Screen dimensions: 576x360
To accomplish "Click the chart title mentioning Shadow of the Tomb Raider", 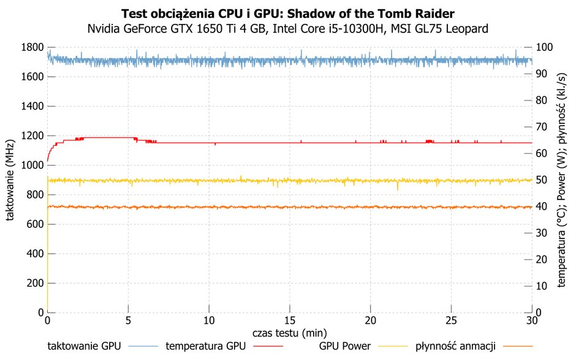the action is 287,13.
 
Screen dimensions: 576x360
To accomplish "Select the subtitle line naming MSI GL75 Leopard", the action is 287,29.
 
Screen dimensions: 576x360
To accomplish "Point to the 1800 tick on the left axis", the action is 32,47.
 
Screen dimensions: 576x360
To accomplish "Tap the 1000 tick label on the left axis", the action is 32,165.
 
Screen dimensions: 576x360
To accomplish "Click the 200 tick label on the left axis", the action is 36,283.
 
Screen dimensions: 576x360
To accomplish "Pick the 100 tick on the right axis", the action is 544,47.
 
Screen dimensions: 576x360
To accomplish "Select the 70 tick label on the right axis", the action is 542,127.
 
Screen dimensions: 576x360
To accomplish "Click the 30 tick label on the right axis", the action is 542,233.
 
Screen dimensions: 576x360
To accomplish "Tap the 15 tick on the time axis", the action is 289,321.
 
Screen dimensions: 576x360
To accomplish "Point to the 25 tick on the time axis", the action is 451,321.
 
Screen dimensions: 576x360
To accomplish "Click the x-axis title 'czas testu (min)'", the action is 289,333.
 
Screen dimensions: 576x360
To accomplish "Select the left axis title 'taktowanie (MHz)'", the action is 10,180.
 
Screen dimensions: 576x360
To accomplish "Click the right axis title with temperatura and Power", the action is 562,180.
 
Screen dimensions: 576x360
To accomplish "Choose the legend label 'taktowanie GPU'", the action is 84,346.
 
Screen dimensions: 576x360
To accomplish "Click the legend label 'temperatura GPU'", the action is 205,346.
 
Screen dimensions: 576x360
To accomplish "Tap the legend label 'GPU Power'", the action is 344,346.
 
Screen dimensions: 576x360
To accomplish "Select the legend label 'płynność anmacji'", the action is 455,346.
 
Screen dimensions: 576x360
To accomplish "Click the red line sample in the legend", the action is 268,347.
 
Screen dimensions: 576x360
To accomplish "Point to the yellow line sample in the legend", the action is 393,347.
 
